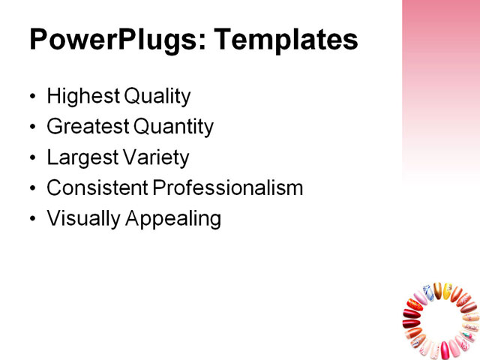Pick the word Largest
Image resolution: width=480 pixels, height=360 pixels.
80,158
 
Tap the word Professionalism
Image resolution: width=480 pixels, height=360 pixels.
228,188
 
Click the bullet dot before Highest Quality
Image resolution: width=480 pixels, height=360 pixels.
31,97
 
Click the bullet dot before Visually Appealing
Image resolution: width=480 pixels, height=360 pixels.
31,220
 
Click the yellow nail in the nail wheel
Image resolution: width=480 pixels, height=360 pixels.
447,291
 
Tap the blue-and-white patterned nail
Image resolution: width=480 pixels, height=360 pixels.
429,292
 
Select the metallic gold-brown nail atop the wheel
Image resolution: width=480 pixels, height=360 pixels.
439,290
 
